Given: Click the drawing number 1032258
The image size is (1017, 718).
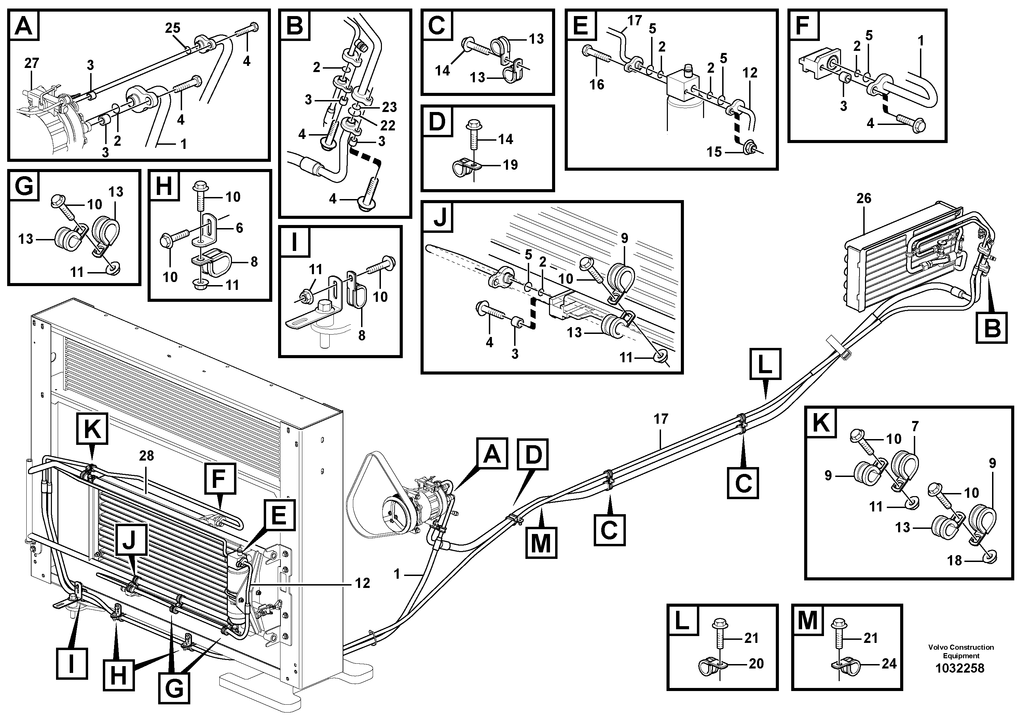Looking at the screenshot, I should click(x=959, y=668).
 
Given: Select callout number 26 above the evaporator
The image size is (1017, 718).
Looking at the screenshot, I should click(x=863, y=198).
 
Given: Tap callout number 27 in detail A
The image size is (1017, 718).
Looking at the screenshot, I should click(x=31, y=63).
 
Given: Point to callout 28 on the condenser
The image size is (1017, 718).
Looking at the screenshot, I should click(x=146, y=456).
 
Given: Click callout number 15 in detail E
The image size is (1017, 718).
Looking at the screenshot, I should click(x=714, y=152).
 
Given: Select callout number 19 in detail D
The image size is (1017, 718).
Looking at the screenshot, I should click(x=510, y=165).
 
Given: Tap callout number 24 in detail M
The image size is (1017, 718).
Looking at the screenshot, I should click(x=889, y=664).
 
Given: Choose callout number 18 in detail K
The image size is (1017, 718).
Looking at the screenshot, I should click(x=954, y=561).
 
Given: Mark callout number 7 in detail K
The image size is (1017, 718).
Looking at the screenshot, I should click(x=915, y=426).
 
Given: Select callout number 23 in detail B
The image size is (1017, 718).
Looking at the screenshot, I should click(x=390, y=107).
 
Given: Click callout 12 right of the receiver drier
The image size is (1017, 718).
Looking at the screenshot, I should click(x=362, y=583).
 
